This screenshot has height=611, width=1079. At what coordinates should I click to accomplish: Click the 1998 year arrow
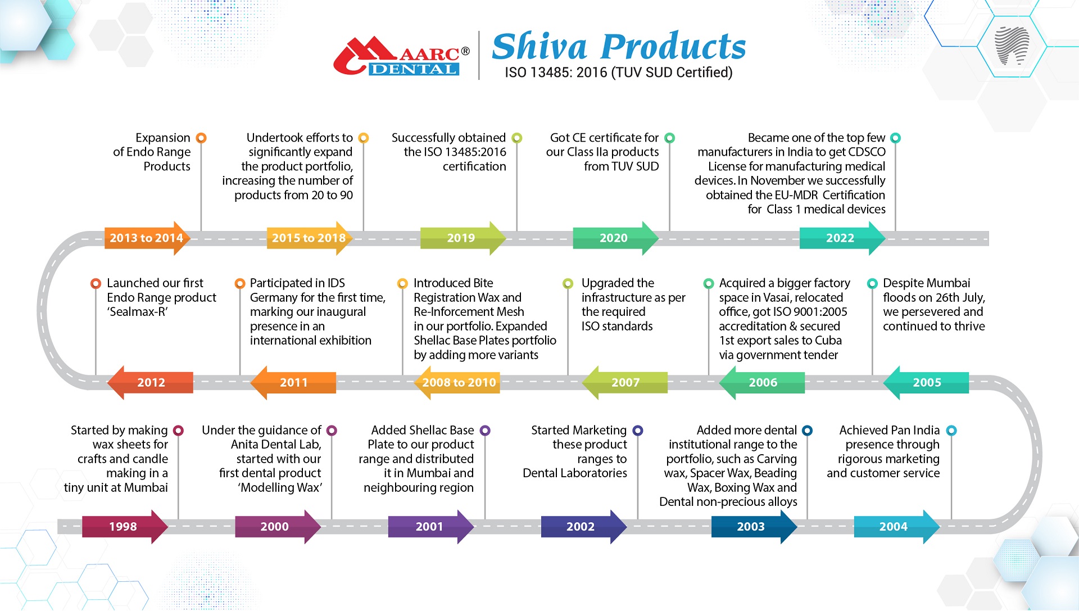pyautogui.click(x=125, y=527)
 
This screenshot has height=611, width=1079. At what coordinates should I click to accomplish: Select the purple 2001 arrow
pyautogui.click(x=431, y=527)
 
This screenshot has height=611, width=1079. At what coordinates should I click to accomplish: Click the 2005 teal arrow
pyautogui.click(x=926, y=383)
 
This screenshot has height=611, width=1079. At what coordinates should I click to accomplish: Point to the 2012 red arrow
pyautogui.click(x=150, y=383)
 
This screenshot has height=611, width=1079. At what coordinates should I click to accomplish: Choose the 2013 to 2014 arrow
pyautogui.click(x=147, y=238)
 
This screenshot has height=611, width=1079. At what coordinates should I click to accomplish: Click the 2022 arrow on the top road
pyautogui.click(x=842, y=238)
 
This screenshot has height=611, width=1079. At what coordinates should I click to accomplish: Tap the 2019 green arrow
pyautogui.click(x=463, y=238)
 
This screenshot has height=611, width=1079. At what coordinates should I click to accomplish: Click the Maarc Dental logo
pyautogui.click(x=401, y=56)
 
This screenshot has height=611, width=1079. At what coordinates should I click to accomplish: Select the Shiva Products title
pyautogui.click(x=619, y=46)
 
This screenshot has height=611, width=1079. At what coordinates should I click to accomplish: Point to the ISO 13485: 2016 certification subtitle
pyautogui.click(x=618, y=73)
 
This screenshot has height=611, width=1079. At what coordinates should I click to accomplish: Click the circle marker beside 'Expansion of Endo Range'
pyautogui.click(x=201, y=138)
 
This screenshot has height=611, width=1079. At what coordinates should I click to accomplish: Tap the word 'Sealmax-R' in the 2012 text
pyautogui.click(x=137, y=312)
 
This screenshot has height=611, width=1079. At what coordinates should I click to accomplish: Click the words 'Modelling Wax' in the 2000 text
pyautogui.click(x=280, y=488)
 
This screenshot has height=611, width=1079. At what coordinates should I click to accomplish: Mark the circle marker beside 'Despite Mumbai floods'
pyautogui.click(x=872, y=283)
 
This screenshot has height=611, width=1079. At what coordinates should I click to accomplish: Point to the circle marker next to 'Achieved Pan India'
pyautogui.click(x=951, y=431)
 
